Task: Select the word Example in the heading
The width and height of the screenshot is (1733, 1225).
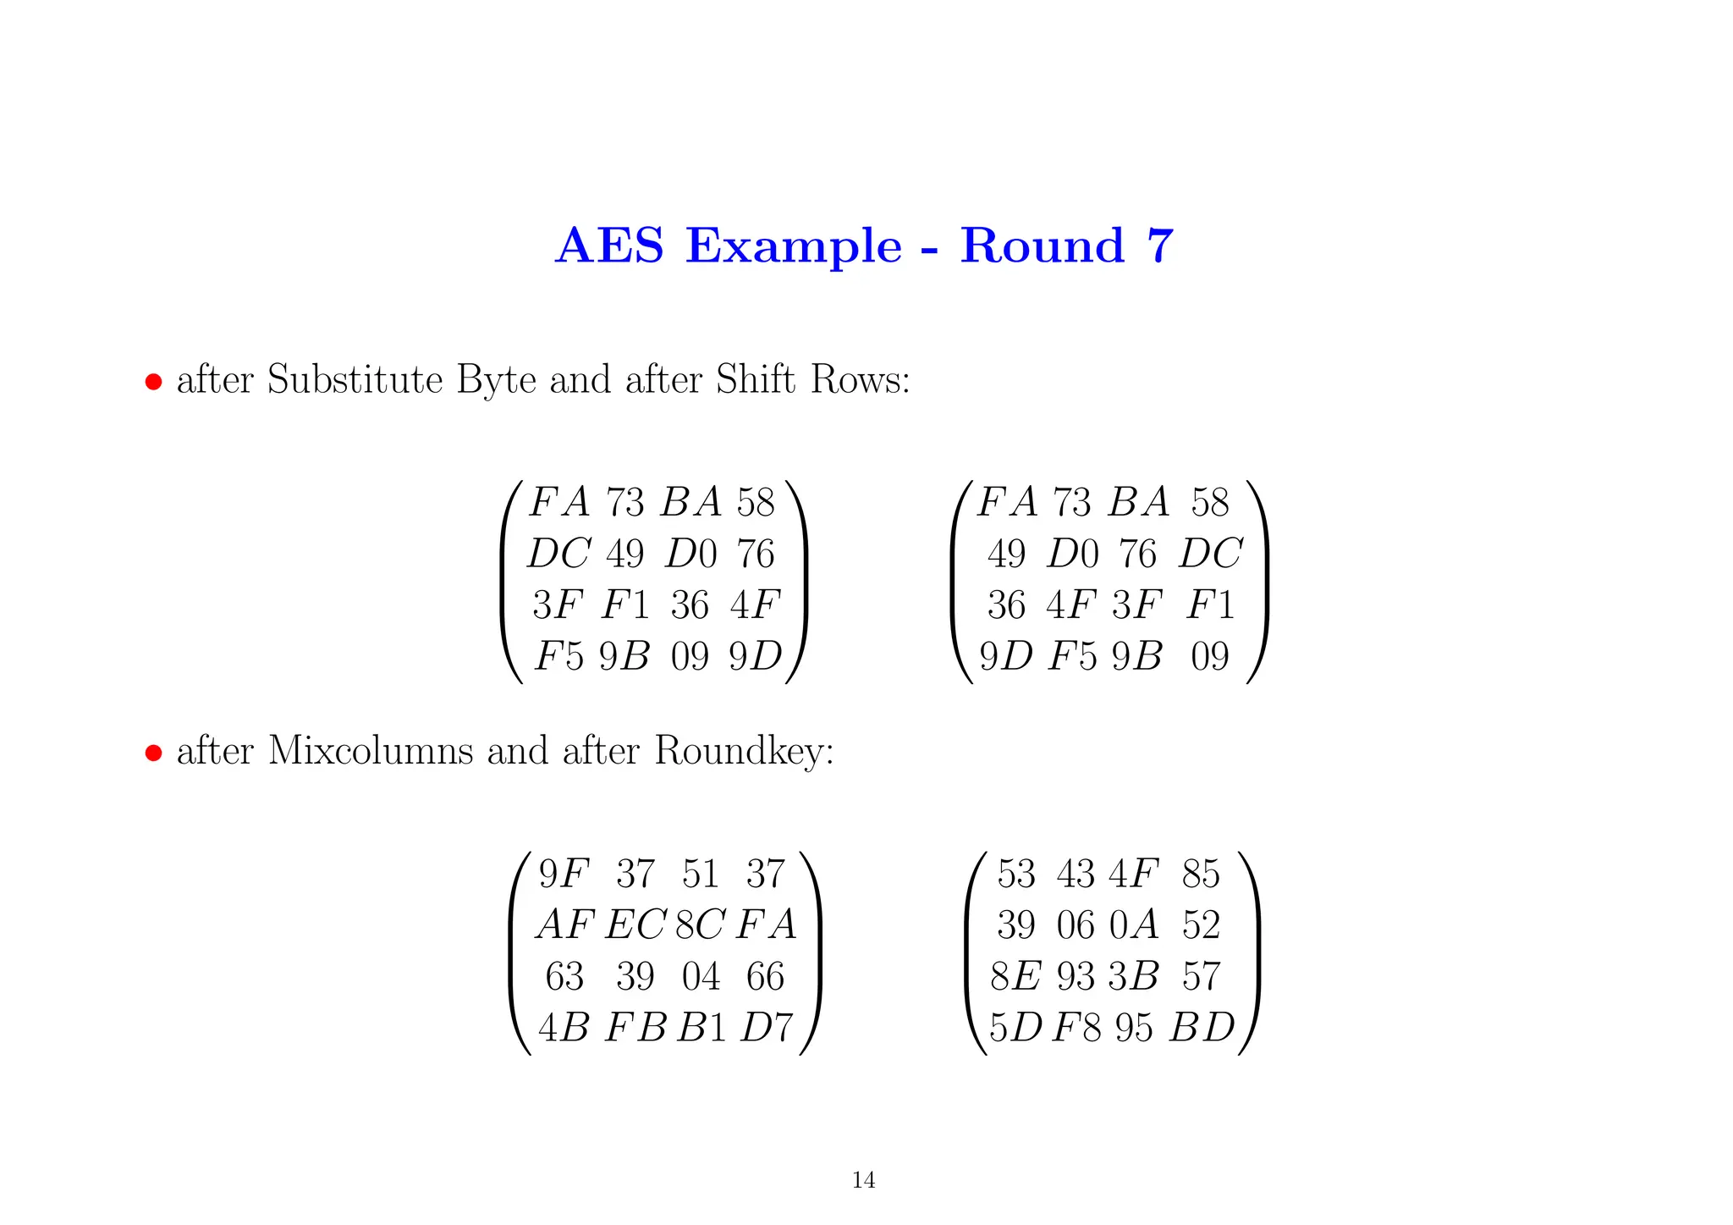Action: (x=794, y=247)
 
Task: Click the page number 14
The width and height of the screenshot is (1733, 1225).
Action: (x=863, y=1179)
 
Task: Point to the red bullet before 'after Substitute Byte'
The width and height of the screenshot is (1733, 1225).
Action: (x=153, y=381)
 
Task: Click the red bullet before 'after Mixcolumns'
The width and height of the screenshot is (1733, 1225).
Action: (x=153, y=753)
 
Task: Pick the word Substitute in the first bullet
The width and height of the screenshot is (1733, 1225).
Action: (x=355, y=379)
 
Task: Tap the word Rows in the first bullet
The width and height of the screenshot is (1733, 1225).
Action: (x=858, y=379)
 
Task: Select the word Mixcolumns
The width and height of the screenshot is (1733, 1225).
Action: (x=371, y=750)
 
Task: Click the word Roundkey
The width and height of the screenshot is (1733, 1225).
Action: (x=743, y=752)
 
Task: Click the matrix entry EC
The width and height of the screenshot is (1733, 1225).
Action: (x=635, y=924)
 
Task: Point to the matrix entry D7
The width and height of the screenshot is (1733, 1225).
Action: (x=767, y=1027)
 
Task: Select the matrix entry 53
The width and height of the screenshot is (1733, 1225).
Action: (x=1015, y=874)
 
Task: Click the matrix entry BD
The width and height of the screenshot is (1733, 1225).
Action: (x=1202, y=1027)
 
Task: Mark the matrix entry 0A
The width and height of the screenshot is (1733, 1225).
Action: (x=1133, y=924)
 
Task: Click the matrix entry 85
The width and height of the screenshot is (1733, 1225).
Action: (x=1201, y=874)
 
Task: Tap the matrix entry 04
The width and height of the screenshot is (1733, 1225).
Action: (x=701, y=976)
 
